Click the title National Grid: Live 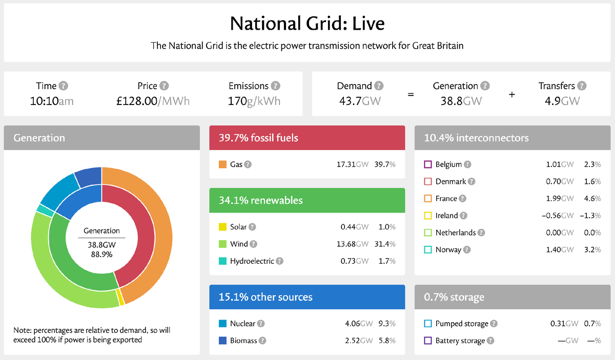(307, 24)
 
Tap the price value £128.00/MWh (153, 101)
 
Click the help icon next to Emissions (275, 86)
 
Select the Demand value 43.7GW (360, 101)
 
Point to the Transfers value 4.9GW (562, 101)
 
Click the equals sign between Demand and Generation (410, 94)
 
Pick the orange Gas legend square (222, 164)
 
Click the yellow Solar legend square (222, 227)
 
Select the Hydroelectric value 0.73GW (355, 261)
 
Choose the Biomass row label (243, 341)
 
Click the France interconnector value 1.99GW (560, 198)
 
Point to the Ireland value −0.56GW (558, 216)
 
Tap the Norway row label (448, 250)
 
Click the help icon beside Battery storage (490, 341)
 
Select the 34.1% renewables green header (307, 200)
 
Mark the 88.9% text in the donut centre (101, 254)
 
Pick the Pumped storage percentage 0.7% (592, 324)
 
